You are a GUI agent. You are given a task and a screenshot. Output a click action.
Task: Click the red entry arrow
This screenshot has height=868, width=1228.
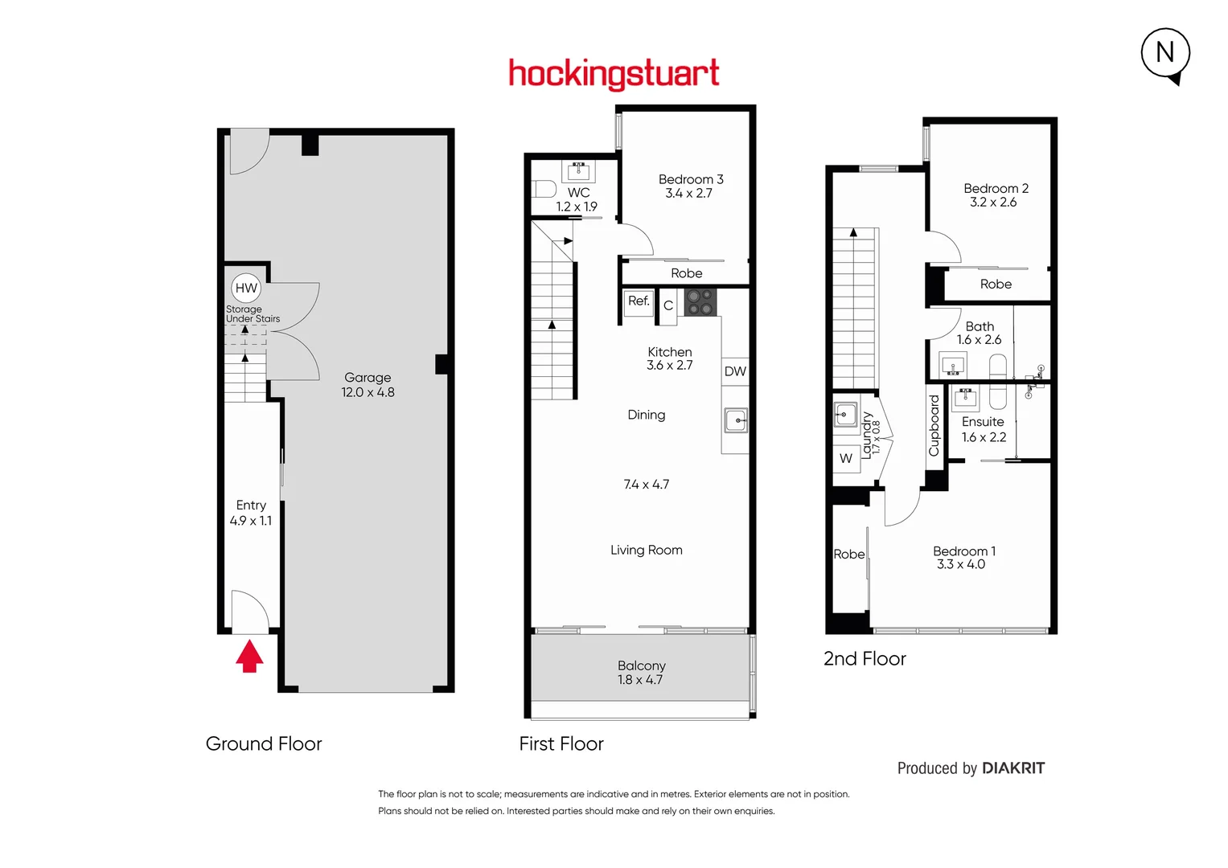249,656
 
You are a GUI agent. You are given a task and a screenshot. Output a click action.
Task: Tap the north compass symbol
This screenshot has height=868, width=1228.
1165,53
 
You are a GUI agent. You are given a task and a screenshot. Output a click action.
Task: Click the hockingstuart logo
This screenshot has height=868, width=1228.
614,74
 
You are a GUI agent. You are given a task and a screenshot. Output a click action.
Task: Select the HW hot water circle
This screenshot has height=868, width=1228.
246,288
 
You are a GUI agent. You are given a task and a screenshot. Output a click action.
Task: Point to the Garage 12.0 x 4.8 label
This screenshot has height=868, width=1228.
368,385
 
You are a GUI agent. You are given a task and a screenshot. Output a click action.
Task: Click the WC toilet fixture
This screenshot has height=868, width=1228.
545,190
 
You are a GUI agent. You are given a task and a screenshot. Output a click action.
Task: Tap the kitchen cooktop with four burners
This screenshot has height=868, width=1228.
699,302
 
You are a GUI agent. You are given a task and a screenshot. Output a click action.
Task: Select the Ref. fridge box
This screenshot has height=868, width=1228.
639,301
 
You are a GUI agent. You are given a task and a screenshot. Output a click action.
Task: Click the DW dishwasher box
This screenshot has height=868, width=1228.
735,371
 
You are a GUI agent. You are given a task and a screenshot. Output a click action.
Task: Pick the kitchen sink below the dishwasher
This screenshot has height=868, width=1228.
736,420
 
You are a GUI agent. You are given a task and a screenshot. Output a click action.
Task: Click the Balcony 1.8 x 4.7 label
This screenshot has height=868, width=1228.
641,673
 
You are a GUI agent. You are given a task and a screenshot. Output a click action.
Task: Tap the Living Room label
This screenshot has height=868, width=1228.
646,551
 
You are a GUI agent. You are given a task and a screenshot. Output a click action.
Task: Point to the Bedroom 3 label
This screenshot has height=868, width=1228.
690,179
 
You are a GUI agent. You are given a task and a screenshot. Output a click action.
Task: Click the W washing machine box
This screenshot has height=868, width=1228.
846,458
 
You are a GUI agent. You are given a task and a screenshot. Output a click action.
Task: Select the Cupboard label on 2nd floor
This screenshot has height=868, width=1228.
934,426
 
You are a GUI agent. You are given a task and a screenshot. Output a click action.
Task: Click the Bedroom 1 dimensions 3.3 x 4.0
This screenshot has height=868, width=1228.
960,565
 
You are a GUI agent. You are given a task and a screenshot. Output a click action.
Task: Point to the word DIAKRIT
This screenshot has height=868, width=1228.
1013,768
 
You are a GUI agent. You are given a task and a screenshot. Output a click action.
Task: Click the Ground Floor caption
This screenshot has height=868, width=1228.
264,744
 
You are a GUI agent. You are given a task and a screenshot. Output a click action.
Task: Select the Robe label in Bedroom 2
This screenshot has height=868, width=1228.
996,285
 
